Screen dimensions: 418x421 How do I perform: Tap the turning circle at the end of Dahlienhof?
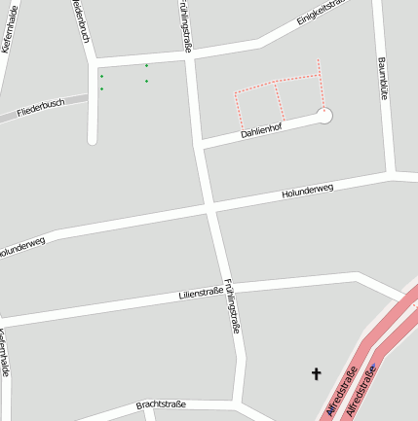coord(324,116)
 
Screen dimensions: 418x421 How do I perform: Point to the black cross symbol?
coord(316,373)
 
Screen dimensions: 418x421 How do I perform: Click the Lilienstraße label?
coord(202,294)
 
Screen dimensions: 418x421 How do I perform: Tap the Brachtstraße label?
coord(161,403)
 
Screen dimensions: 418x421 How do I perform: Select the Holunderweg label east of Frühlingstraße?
coord(307,191)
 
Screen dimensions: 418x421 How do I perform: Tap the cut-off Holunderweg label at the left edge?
coord(21,248)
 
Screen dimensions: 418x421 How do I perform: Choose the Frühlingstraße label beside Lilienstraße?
coord(232,307)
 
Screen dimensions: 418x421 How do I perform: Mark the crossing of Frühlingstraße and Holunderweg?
coord(210,208)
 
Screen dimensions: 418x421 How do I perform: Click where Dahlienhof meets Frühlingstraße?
coord(199,145)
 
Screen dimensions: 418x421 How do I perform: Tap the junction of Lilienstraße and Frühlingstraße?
coord(226,288)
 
